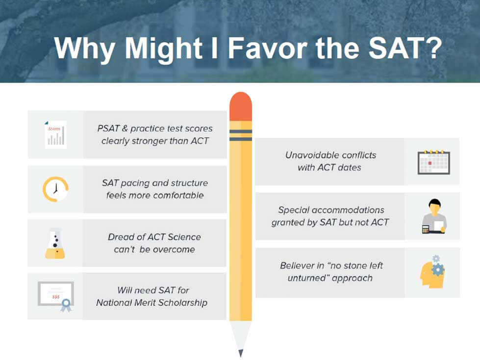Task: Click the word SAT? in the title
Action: point(405,48)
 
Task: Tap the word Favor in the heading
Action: point(267,48)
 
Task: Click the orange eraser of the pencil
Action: point(241,106)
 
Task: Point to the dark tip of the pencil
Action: point(241,353)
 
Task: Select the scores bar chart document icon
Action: point(55,135)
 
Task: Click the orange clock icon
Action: point(55,189)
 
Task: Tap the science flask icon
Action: point(55,243)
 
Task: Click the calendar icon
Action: point(434,162)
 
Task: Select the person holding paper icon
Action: point(434,216)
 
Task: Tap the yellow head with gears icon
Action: point(432,272)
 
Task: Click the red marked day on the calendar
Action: point(430,163)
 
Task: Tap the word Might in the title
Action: point(163,49)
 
